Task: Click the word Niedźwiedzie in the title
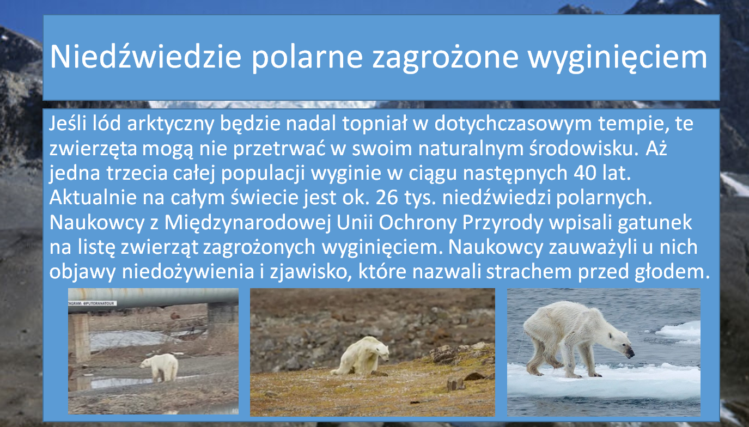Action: [x=146, y=57]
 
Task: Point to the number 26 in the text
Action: [x=387, y=198]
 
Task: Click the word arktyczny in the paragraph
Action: [x=170, y=124]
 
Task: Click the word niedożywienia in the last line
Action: [x=187, y=272]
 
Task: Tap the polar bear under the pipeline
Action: [x=160, y=367]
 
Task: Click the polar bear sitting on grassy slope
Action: [x=361, y=356]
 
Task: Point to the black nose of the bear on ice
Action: [x=630, y=353]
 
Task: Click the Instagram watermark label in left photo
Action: [x=92, y=303]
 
